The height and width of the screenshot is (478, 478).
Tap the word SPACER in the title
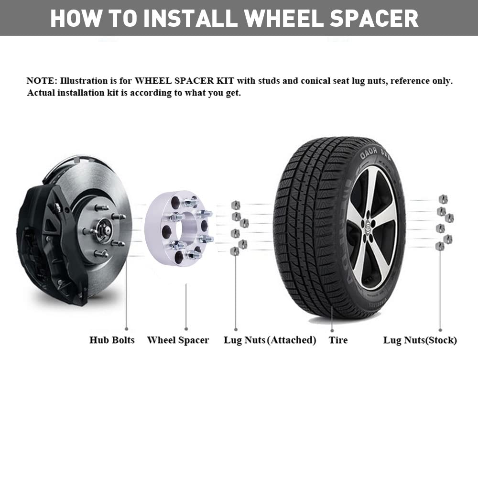click(x=374, y=18)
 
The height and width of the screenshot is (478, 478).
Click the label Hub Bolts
click(x=112, y=340)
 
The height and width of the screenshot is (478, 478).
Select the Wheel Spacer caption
click(x=178, y=340)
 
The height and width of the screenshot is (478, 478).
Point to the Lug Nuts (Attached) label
click(x=270, y=340)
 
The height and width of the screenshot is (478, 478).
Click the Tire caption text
click(x=338, y=340)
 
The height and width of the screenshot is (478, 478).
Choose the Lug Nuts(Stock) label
click(x=420, y=340)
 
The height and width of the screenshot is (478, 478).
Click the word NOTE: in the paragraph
click(x=42, y=81)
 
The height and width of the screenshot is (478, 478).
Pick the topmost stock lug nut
click(x=443, y=199)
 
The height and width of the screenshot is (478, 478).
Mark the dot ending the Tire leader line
click(x=332, y=330)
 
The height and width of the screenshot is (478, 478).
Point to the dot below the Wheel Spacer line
click(x=186, y=329)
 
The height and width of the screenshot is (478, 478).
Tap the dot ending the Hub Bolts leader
click(x=126, y=329)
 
